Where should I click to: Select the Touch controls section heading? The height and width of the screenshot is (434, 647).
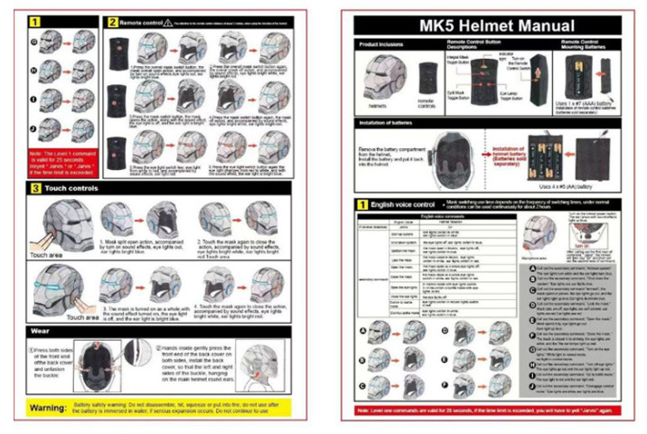point(63,188)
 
